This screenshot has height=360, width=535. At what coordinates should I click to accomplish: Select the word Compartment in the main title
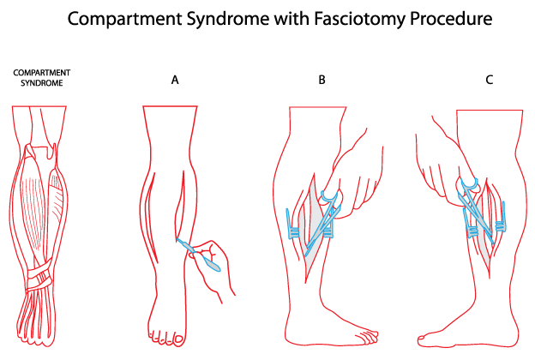coord(136,19)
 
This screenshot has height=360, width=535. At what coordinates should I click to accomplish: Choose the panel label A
coord(175,80)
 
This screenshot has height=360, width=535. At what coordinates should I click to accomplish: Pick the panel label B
coord(322,80)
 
